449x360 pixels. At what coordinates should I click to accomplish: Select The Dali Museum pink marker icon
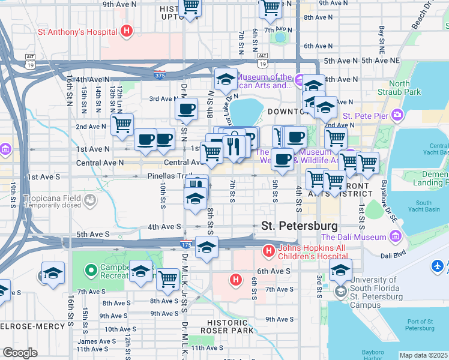click(x=395, y=237)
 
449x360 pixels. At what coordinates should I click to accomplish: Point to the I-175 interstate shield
click(x=186, y=245)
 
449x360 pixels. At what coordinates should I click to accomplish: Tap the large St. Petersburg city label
click(x=300, y=226)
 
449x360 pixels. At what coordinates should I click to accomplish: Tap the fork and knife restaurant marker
click(x=232, y=146)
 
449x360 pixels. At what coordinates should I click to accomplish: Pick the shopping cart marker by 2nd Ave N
click(x=122, y=124)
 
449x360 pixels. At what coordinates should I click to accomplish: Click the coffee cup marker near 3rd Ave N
click(x=186, y=109)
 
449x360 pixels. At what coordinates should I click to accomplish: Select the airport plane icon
click(x=439, y=265)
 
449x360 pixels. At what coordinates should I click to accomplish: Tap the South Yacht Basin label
click(x=423, y=207)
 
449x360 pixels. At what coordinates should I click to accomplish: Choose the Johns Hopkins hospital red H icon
click(x=268, y=250)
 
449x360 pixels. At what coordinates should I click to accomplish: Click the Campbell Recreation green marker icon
click(x=91, y=271)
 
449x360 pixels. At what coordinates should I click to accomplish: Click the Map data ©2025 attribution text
click(x=423, y=355)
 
